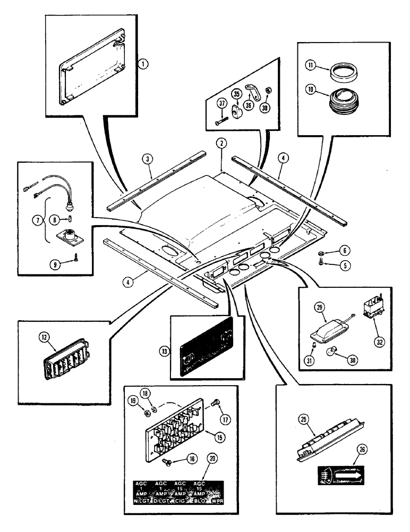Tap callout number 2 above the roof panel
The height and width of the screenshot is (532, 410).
coord(220,143)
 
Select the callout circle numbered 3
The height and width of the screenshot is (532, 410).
coord(147,159)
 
